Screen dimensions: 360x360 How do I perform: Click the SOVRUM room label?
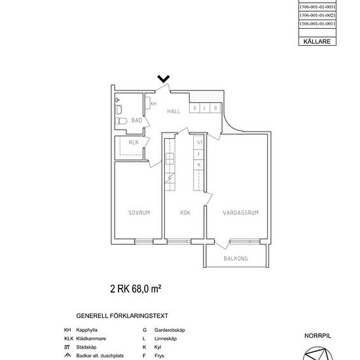pyautogui.click(x=139, y=212)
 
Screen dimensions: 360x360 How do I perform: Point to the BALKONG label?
pyautogui.click(x=236, y=259)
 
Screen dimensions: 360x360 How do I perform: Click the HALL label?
pyautogui.click(x=173, y=111)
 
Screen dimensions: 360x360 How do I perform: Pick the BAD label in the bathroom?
pyautogui.click(x=137, y=120)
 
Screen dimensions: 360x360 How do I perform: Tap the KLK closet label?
pyautogui.click(x=134, y=142)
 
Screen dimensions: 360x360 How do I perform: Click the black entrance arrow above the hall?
pyautogui.click(x=164, y=79)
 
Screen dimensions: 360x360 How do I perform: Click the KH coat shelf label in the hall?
pyautogui.click(x=153, y=103)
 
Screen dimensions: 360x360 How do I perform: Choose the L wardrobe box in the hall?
pyautogui.click(x=204, y=109)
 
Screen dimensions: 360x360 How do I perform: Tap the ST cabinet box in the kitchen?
pyautogui.click(x=199, y=141)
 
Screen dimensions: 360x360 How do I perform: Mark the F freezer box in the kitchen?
pyautogui.click(x=199, y=153)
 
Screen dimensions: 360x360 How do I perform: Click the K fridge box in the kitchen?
pyautogui.click(x=199, y=165)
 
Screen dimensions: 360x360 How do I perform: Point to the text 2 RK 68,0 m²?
pyautogui.click(x=135, y=288)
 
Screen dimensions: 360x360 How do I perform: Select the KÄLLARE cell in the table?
pyautogui.click(x=317, y=41)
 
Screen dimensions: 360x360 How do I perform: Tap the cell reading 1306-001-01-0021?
pyautogui.click(x=317, y=14)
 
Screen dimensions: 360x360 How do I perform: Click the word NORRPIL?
pyautogui.click(x=317, y=335)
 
